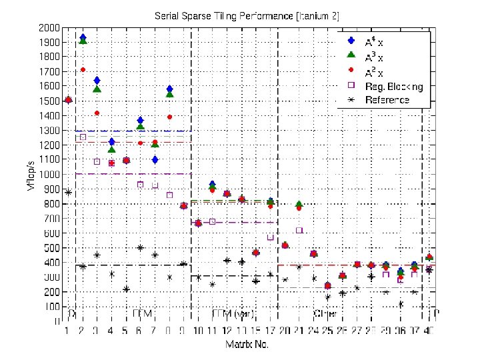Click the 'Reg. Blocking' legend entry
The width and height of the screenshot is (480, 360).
point(393,86)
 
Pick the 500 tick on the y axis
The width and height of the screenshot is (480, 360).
point(49,248)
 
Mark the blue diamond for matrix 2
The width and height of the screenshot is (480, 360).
point(82,38)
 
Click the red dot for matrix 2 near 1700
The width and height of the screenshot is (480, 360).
point(83,69)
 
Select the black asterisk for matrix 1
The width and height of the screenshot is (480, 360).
point(68,193)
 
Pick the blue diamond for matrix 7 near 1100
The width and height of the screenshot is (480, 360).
point(155,159)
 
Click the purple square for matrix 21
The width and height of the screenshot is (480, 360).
point(299,230)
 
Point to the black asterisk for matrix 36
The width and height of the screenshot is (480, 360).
point(401,304)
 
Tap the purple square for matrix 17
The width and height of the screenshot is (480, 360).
point(271,237)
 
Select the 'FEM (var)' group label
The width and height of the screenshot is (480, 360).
point(232,313)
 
